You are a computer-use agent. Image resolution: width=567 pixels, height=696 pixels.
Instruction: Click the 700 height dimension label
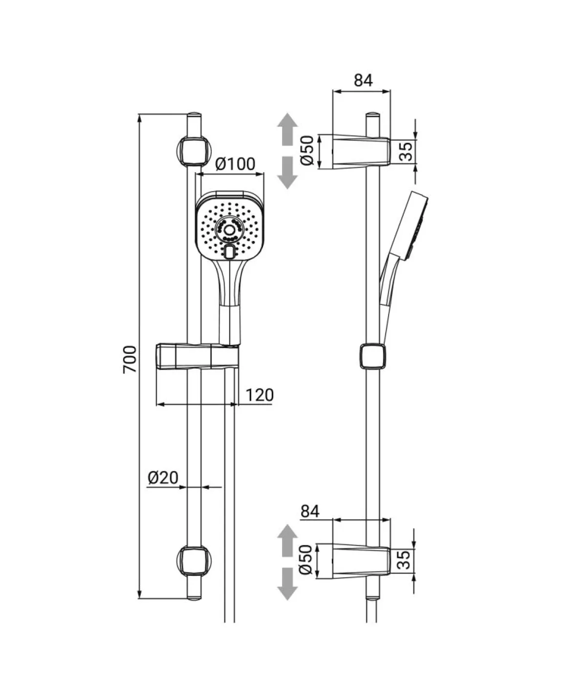pyautogui.click(x=130, y=359)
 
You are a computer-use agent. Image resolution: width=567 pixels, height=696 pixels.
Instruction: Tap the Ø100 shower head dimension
pyautogui.click(x=235, y=164)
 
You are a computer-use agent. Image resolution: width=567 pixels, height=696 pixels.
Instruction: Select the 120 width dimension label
pyautogui.click(x=260, y=395)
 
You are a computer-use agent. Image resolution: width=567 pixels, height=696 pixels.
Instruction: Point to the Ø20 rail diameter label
pyautogui.click(x=163, y=478)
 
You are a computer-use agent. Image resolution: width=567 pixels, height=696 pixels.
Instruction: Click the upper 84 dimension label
pyautogui.click(x=363, y=80)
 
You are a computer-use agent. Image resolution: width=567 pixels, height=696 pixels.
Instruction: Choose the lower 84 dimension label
pyautogui.click(x=310, y=511)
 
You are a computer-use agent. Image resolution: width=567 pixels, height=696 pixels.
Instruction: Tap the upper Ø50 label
pyautogui.click(x=307, y=151)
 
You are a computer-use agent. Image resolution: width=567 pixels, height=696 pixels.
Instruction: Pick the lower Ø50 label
pyautogui.click(x=306, y=560)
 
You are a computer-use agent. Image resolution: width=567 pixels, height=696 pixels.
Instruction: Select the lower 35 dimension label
pyautogui.click(x=404, y=560)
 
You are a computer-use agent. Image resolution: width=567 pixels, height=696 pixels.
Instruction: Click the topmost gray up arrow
pyautogui.click(x=287, y=129)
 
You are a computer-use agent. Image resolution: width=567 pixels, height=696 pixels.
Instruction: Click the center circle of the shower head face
pyautogui.click(x=230, y=229)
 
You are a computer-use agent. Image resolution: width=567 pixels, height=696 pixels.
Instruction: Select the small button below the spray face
pyautogui.click(x=230, y=252)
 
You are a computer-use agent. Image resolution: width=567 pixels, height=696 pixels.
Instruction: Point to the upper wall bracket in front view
pyautogui.click(x=194, y=152)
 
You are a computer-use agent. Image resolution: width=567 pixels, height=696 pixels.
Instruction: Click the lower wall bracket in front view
pyautogui.click(x=194, y=561)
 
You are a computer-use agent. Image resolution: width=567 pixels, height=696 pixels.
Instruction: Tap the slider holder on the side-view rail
pyautogui.click(x=372, y=356)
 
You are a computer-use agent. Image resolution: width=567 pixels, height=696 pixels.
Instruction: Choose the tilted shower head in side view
pyautogui.click(x=404, y=248)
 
